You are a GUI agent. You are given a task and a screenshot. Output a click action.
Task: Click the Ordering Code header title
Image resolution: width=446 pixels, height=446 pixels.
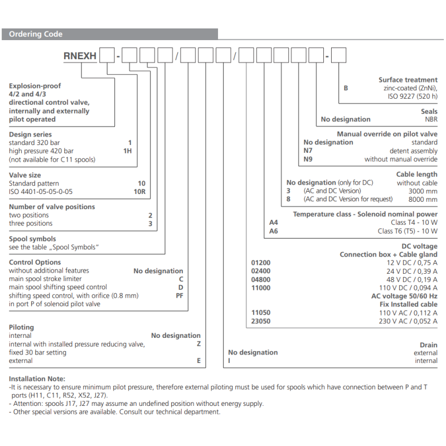tap(36, 34)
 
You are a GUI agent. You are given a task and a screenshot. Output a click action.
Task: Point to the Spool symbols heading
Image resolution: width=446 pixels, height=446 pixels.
tap(32, 239)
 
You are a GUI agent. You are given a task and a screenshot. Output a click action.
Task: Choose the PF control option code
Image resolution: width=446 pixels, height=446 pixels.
tap(179, 295)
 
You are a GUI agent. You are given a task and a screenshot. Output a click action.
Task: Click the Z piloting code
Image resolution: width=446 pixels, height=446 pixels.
tap(198, 344)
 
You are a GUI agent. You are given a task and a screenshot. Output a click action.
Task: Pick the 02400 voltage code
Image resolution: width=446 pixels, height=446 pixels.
tap(261, 271)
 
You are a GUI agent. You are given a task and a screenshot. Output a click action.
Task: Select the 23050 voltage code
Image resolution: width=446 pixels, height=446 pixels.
tap(261, 321)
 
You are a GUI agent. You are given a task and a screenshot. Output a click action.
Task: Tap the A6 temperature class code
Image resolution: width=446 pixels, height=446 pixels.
tap(273, 231)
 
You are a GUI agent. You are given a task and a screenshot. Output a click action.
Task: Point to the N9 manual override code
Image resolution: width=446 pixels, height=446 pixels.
tap(308, 159)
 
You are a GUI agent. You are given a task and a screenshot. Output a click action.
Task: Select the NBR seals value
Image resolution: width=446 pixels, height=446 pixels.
tap(431, 119)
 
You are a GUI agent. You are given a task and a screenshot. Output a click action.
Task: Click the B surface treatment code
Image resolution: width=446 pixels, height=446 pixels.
tap(346, 88)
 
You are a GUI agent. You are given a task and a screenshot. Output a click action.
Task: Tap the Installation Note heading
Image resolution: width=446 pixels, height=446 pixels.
tap(37, 379)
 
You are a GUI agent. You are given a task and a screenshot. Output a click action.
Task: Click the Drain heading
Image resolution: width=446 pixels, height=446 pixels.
tap(429, 345)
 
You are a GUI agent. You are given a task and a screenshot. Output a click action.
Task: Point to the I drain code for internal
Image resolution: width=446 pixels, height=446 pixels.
tap(230, 361)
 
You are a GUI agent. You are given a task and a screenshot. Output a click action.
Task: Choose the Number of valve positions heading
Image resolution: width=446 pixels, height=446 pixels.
tap(52, 207)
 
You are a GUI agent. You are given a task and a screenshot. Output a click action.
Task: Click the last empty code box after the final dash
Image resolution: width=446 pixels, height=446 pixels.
tap(339, 56)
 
